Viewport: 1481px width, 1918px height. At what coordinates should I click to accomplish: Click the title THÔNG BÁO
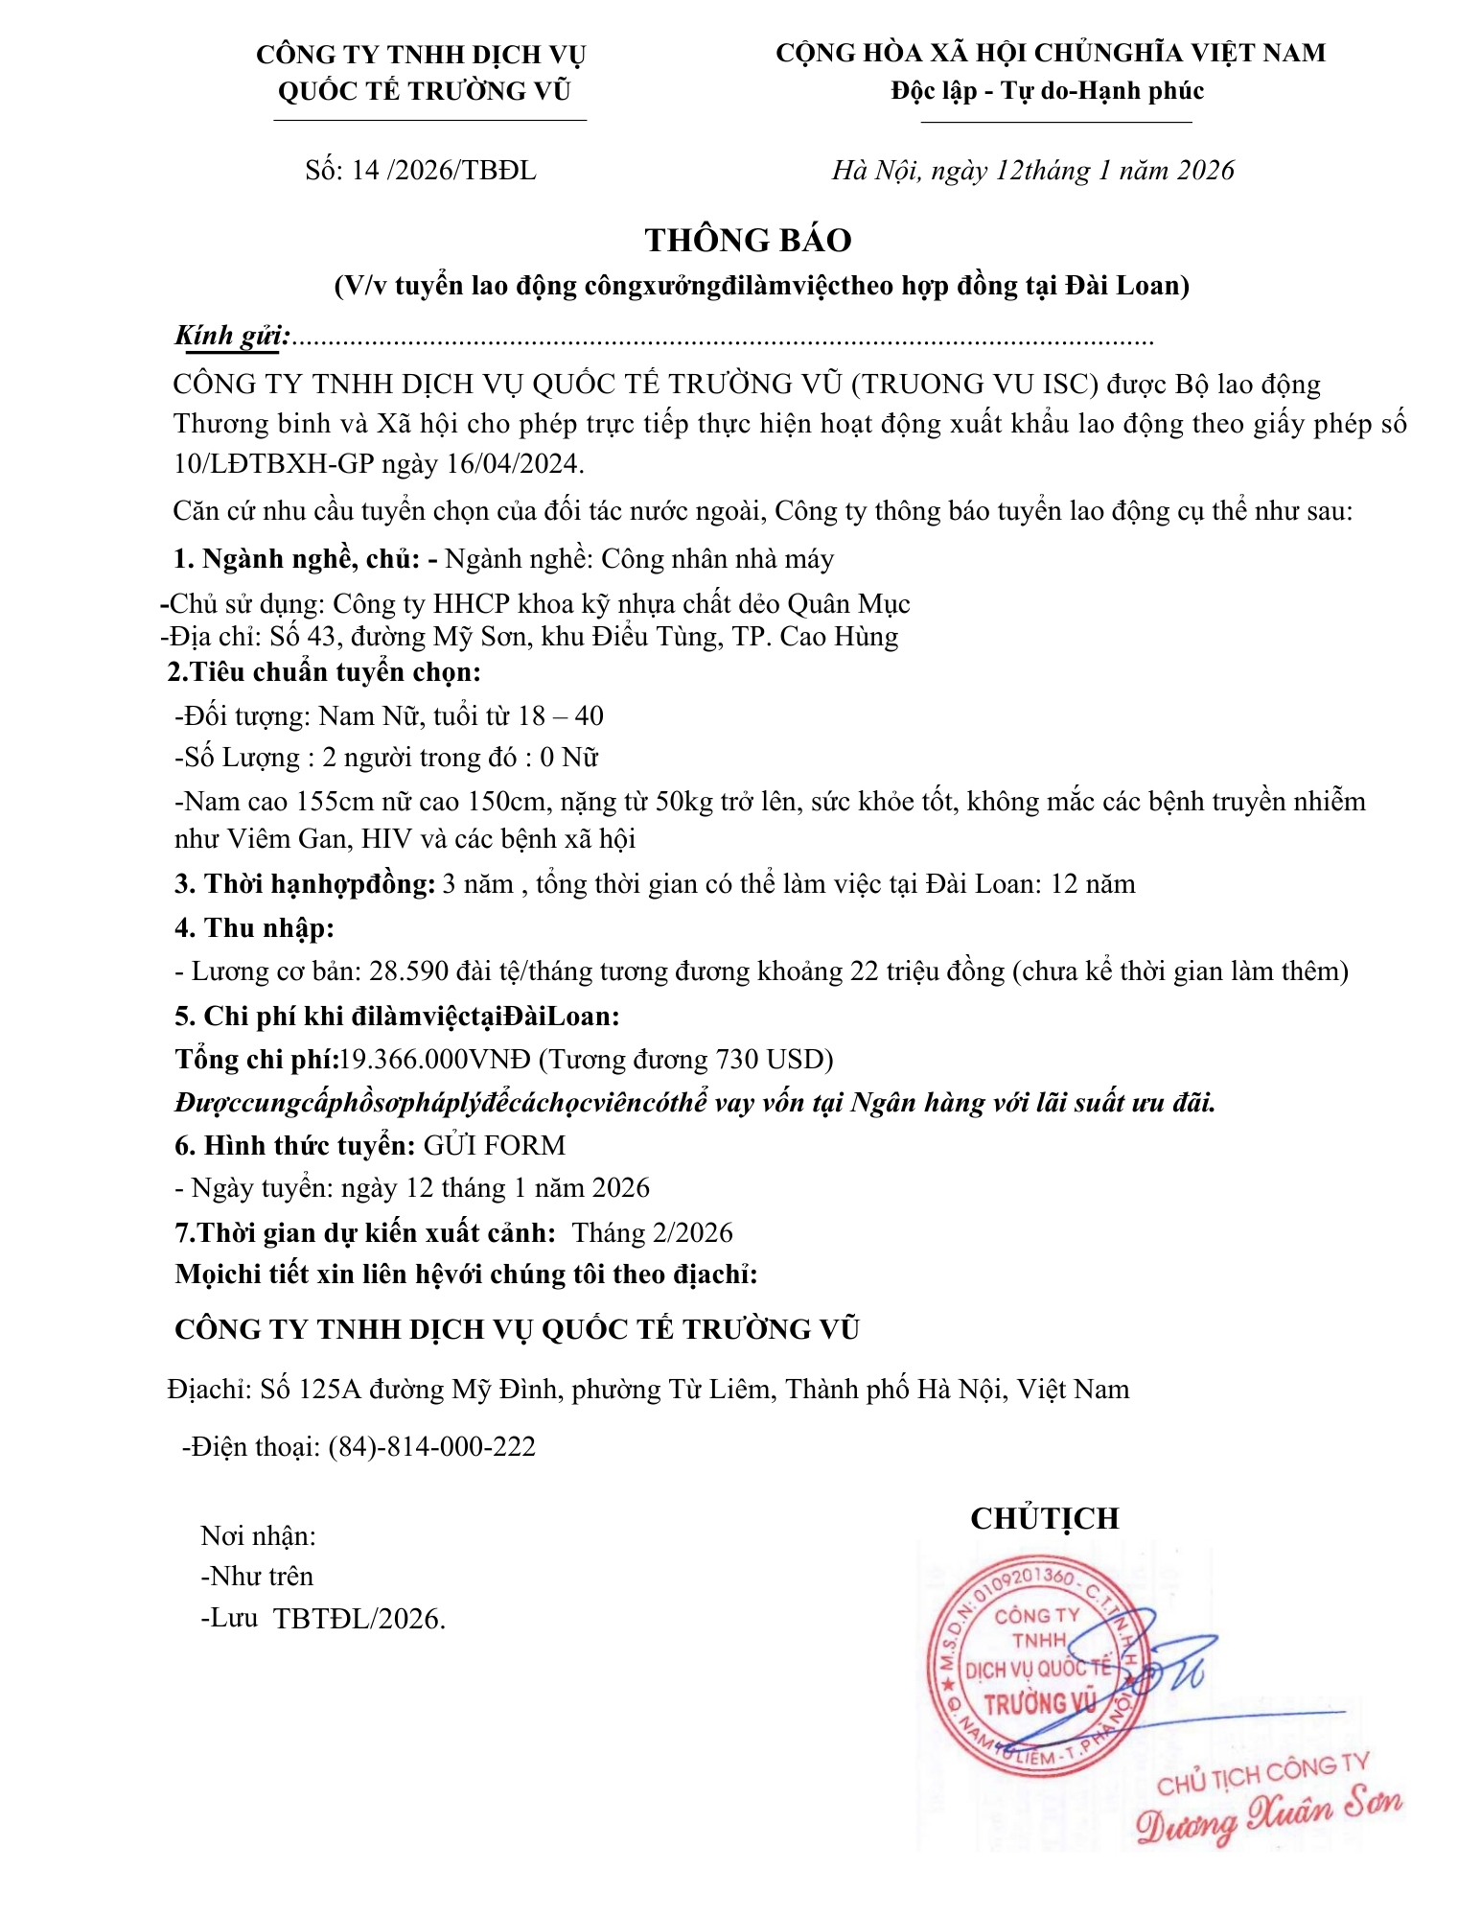coord(748,240)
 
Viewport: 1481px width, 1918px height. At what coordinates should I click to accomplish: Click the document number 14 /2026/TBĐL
coord(444,171)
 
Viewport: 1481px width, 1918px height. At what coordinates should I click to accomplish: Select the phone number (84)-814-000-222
coord(431,1446)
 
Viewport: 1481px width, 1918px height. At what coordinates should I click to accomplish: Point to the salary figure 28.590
coord(409,971)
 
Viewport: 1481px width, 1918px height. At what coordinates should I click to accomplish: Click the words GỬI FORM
coord(495,1145)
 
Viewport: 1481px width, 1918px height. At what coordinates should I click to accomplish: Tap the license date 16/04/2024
coord(516,464)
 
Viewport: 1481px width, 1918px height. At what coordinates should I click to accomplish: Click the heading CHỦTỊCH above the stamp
coord(1045,1518)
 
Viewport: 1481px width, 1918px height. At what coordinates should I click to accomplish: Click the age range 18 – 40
coord(561,715)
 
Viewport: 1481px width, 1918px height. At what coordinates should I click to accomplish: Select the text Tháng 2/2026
coord(652,1232)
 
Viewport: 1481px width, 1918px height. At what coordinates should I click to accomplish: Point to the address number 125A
coord(330,1389)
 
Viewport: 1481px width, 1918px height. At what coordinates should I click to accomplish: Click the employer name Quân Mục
coord(848,603)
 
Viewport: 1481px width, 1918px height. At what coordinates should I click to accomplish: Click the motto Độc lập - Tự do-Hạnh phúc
coord(1047,91)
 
